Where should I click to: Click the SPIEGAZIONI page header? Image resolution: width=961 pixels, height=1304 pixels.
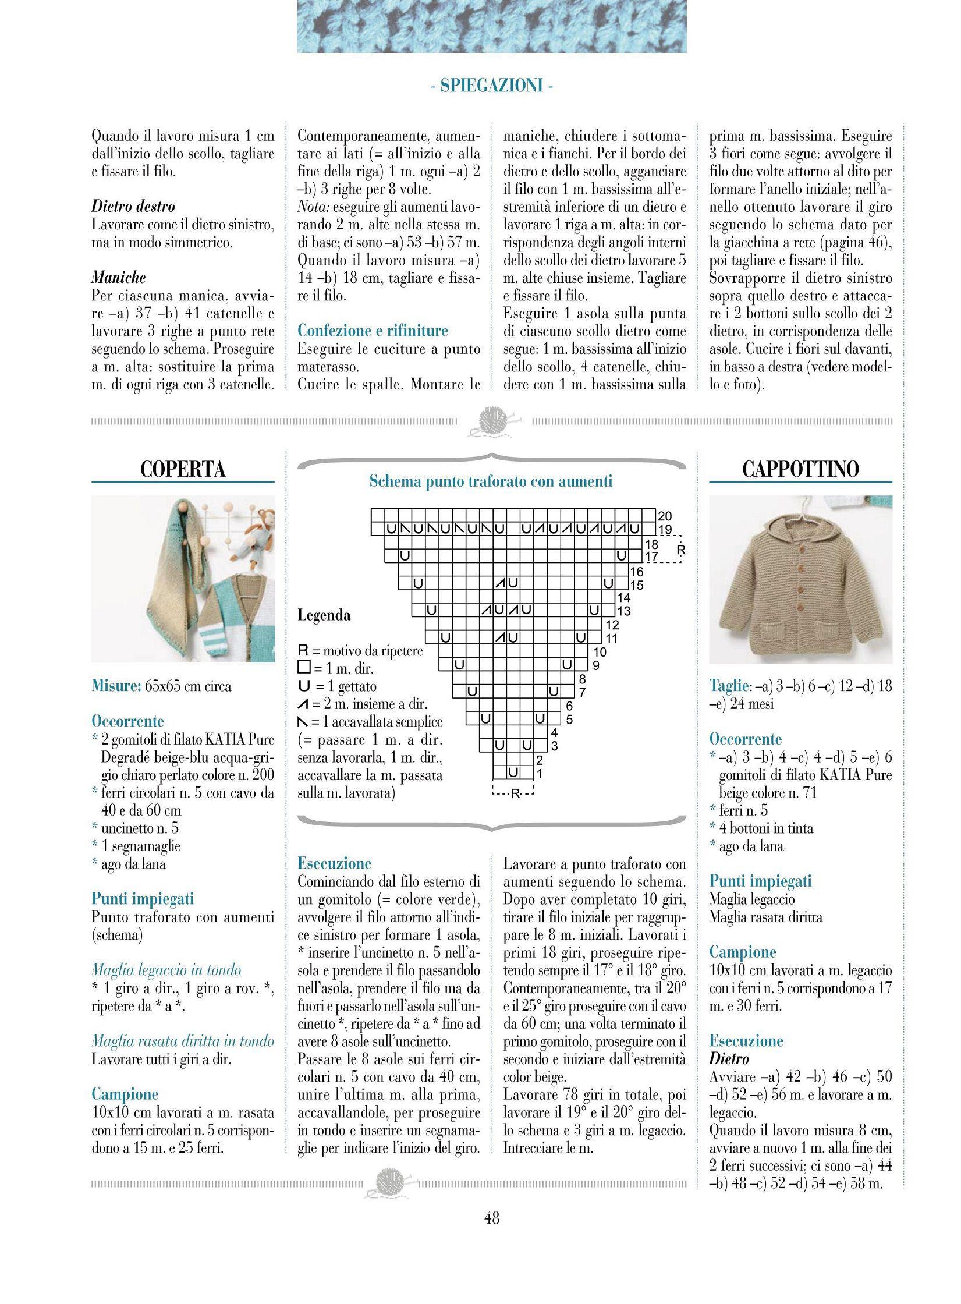(492, 86)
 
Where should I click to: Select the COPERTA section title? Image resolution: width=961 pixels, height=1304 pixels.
(183, 469)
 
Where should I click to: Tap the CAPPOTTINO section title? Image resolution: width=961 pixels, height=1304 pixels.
(800, 469)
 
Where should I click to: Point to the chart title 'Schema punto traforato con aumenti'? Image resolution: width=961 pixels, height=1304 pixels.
(491, 481)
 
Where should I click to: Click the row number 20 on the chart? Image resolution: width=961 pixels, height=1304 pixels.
(664, 516)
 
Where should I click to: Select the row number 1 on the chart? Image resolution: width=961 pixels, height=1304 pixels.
(539, 774)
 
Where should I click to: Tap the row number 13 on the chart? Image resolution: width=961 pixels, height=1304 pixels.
(623, 611)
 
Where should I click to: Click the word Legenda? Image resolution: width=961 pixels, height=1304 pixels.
(324, 615)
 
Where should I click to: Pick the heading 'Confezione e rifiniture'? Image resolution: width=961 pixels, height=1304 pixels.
(373, 331)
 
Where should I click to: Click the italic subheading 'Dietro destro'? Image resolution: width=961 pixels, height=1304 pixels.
(133, 206)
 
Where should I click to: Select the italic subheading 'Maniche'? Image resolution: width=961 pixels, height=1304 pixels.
(119, 277)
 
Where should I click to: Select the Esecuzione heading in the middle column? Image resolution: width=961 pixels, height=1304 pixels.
(334, 863)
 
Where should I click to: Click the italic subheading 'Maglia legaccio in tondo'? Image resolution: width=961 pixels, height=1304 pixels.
(166, 970)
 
